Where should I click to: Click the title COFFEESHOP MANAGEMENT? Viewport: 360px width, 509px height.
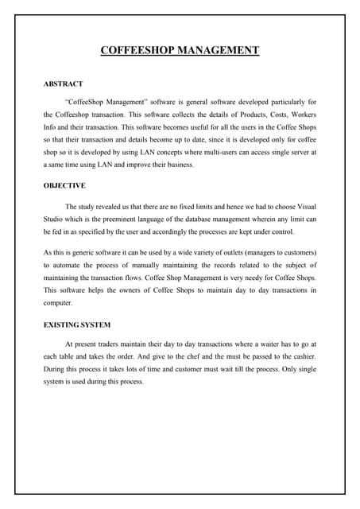tap(180, 51)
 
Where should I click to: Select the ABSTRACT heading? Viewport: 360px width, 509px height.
tap(63, 84)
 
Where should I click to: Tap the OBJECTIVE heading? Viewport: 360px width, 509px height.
tap(64, 185)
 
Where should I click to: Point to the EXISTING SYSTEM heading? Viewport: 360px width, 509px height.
tap(77, 324)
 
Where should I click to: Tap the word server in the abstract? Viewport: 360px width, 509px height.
tap(297, 151)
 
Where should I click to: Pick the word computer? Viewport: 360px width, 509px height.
tap(58, 303)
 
